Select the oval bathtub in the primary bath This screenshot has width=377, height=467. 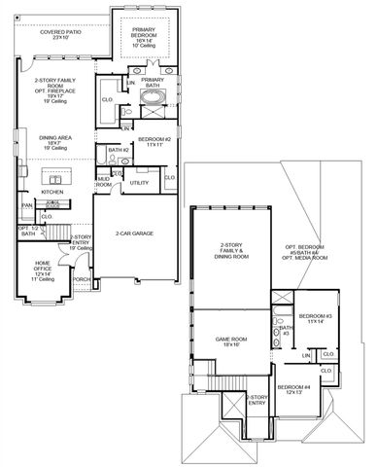tap(154, 98)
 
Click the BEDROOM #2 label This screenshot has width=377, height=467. tap(154, 140)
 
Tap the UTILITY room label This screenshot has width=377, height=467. tap(139, 183)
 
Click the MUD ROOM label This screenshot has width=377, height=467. tap(103, 182)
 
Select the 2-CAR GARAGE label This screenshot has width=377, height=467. tap(136, 234)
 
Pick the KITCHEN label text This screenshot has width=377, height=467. tap(52, 192)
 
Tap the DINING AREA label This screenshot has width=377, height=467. tap(51, 140)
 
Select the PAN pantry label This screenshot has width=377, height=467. tap(28, 205)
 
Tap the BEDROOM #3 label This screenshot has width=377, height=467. tap(316, 318)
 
